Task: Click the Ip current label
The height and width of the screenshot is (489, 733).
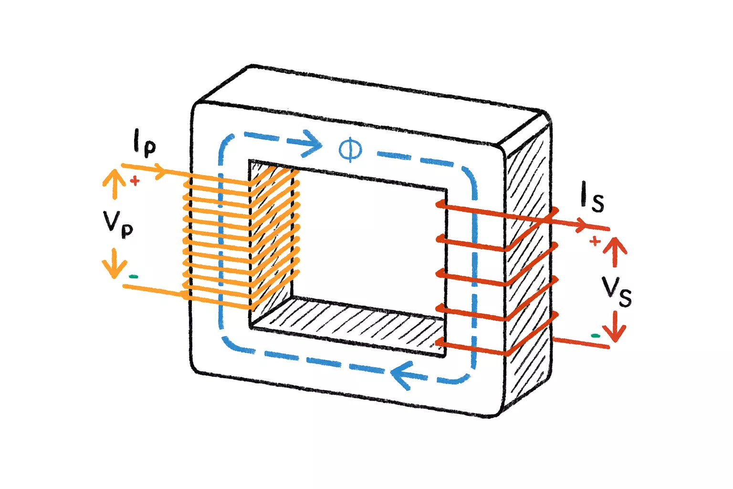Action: pyautogui.click(x=145, y=143)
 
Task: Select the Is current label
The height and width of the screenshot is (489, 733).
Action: pyautogui.click(x=592, y=197)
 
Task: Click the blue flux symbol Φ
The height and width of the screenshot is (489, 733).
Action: pyautogui.click(x=350, y=149)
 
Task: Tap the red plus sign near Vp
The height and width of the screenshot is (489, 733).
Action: pyautogui.click(x=135, y=181)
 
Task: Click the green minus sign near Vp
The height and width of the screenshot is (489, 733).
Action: pyautogui.click(x=134, y=276)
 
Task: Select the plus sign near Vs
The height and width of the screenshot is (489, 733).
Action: pyautogui.click(x=595, y=241)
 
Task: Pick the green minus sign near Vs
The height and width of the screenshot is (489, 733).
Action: pyautogui.click(x=596, y=336)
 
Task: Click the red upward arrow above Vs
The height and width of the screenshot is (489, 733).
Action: pyautogui.click(x=616, y=251)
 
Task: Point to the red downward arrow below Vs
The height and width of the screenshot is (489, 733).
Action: pyautogui.click(x=616, y=327)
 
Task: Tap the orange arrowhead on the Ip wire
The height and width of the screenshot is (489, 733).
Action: pyautogui.click(x=160, y=171)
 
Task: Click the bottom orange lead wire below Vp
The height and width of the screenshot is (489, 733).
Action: pyautogui.click(x=153, y=289)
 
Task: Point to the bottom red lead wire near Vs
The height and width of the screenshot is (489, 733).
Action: pyautogui.click(x=580, y=342)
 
